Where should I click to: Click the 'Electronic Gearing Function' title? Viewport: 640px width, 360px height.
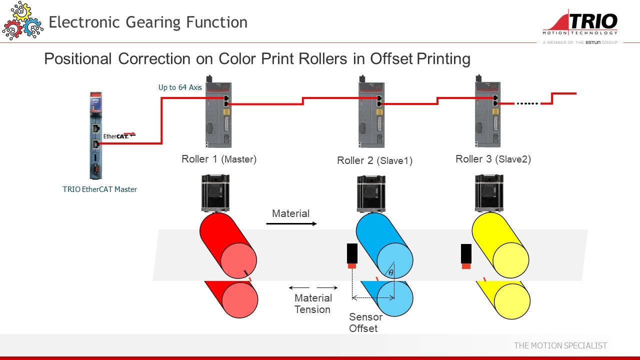click(x=148, y=22)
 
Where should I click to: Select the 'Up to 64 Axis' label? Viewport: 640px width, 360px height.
click(x=180, y=87)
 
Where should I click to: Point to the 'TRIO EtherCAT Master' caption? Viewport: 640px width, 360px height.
click(x=99, y=189)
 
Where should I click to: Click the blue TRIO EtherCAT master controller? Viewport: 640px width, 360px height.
click(x=95, y=135)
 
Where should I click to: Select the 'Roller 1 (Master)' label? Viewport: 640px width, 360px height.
click(x=219, y=159)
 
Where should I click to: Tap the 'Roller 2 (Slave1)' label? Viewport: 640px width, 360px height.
click(x=374, y=160)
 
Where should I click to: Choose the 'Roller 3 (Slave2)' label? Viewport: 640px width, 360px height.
click(x=493, y=159)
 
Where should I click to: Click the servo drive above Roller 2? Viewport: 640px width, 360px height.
click(x=371, y=112)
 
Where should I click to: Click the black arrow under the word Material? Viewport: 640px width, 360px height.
click(x=291, y=223)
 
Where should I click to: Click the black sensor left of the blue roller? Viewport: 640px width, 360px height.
click(x=352, y=255)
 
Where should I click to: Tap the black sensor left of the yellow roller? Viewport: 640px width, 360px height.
click(x=466, y=255)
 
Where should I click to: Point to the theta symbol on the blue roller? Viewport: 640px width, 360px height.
click(x=391, y=272)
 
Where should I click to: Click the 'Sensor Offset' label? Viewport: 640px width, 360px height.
click(x=365, y=323)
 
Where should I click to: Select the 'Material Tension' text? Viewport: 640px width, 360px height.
click(x=312, y=303)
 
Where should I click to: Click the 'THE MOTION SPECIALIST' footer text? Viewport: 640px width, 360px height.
click(x=560, y=345)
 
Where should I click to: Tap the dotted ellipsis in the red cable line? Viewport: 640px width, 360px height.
click(x=527, y=103)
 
